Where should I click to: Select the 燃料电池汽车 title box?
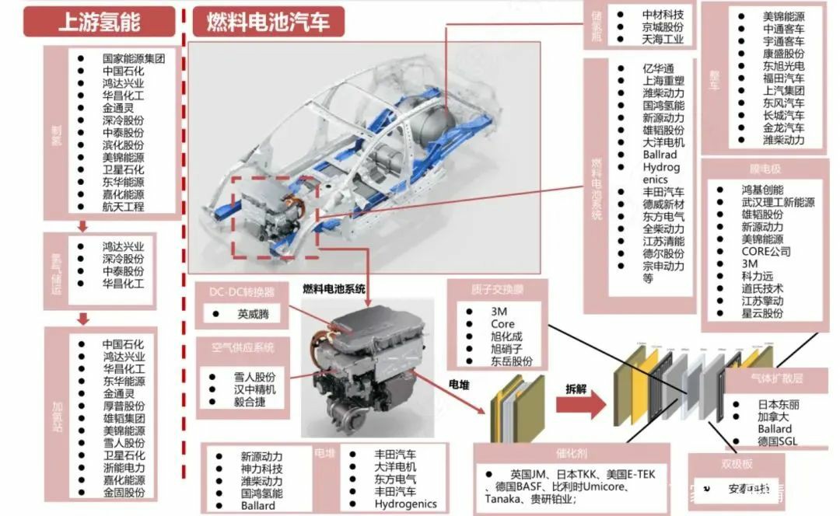(x=268, y=22)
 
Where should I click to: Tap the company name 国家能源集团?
(x=133, y=58)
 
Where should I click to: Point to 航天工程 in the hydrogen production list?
(x=123, y=207)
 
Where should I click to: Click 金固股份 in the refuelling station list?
(x=123, y=493)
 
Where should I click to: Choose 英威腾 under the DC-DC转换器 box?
(x=256, y=315)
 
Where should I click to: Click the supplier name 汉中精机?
(x=255, y=389)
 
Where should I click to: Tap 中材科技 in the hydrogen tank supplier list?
(x=663, y=14)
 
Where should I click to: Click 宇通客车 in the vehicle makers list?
(x=783, y=40)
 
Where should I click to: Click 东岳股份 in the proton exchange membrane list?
(x=511, y=361)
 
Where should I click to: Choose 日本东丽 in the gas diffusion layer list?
(x=779, y=404)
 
